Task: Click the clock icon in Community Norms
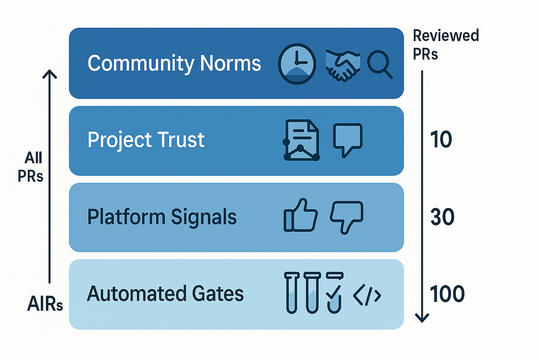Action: pyautogui.click(x=297, y=64)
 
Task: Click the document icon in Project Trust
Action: pyautogui.click(x=302, y=140)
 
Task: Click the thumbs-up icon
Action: pyautogui.click(x=300, y=215)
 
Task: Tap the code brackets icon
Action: pyautogui.click(x=367, y=295)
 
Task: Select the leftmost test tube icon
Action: pyautogui.click(x=292, y=293)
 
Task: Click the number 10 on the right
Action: pyautogui.click(x=441, y=140)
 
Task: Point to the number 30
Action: pyautogui.click(x=442, y=217)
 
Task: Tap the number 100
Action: pyautogui.click(x=447, y=294)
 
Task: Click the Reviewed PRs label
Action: pyautogui.click(x=445, y=45)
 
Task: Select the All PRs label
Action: pyautogui.click(x=31, y=167)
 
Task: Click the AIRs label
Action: pyautogui.click(x=45, y=304)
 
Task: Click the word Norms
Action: pyautogui.click(x=230, y=63)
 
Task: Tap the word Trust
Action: pyautogui.click(x=181, y=140)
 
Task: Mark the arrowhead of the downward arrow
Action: pyautogui.click(x=422, y=317)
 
